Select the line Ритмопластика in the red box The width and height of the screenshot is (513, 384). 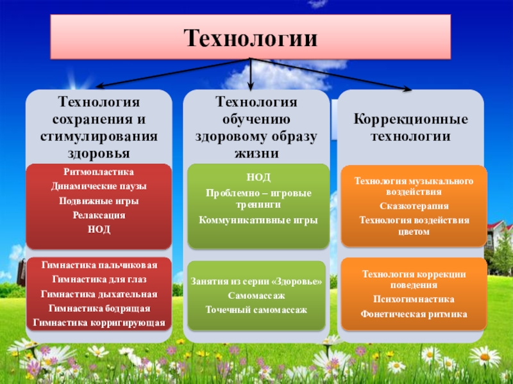[99, 172]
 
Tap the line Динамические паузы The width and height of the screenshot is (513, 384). [99, 186]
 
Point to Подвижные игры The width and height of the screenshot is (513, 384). [99, 201]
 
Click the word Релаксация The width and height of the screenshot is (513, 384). [99, 215]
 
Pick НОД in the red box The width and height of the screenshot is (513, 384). [99, 229]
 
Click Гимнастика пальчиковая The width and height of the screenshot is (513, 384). [99, 264]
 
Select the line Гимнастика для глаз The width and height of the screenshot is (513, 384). [99, 279]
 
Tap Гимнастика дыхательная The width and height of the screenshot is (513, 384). [99, 294]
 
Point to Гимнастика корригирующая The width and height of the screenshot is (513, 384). [99, 323]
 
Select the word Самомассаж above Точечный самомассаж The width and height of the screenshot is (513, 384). [256, 296]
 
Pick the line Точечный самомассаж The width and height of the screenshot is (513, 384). [256, 310]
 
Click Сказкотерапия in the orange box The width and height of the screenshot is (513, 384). [414, 206]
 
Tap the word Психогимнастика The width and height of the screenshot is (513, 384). [414, 300]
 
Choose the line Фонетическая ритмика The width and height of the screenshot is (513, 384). [414, 314]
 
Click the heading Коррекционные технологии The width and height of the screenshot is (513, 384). [411, 128]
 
